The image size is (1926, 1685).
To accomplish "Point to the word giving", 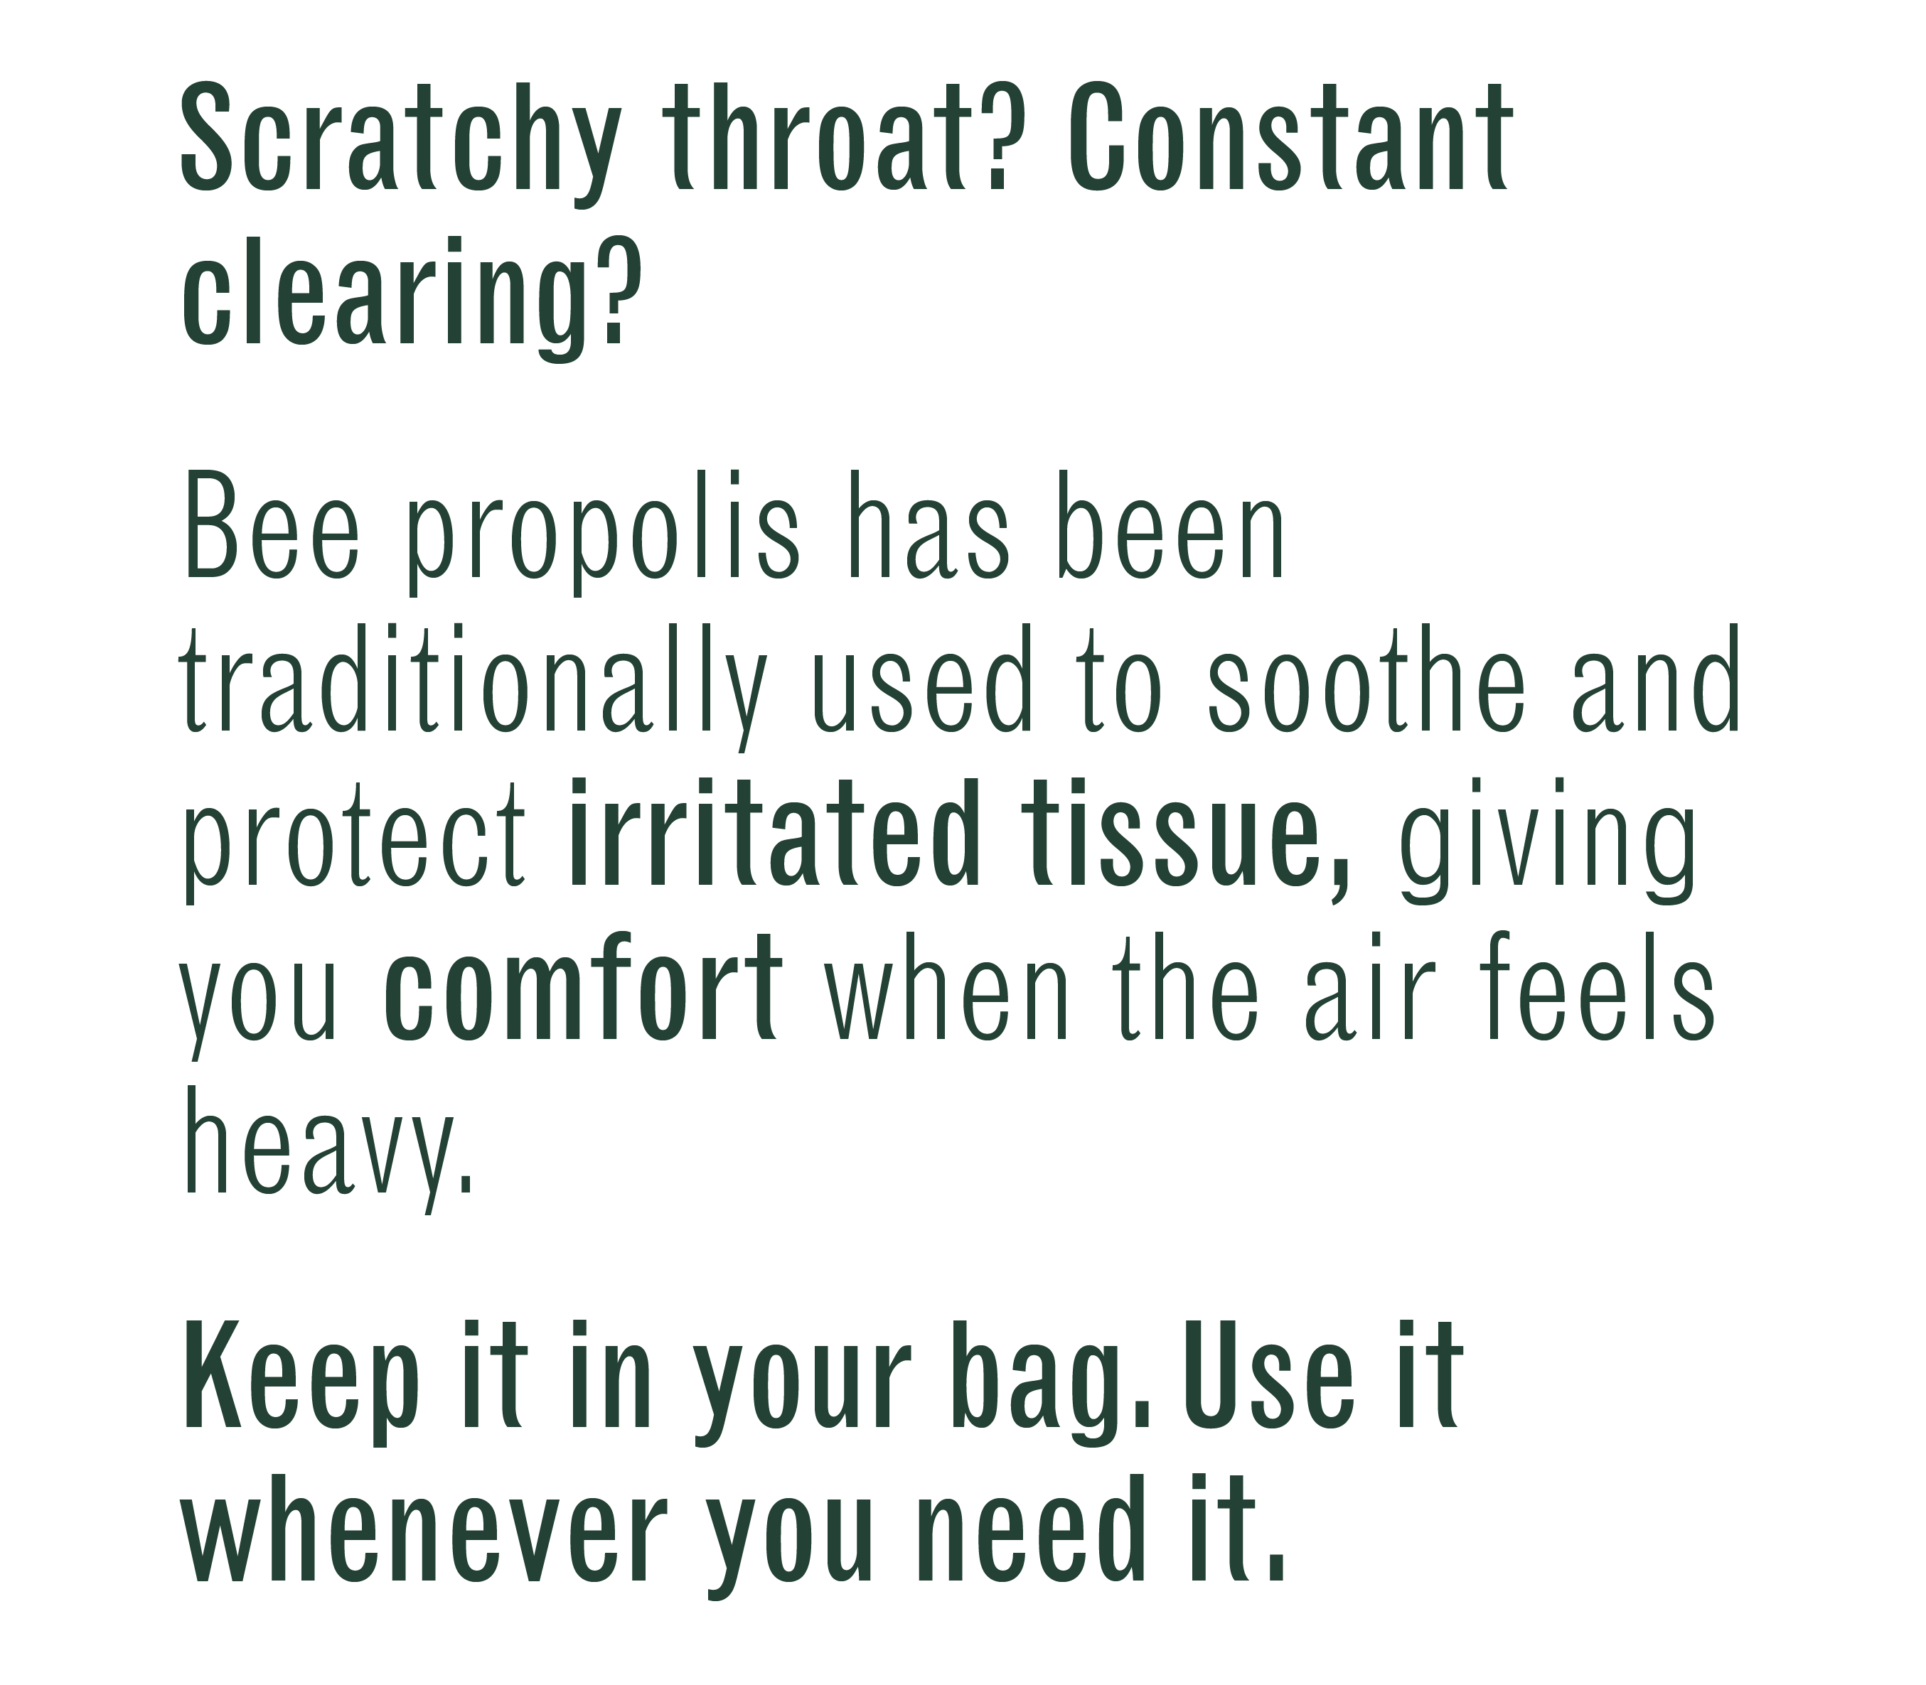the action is click(1549, 841).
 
